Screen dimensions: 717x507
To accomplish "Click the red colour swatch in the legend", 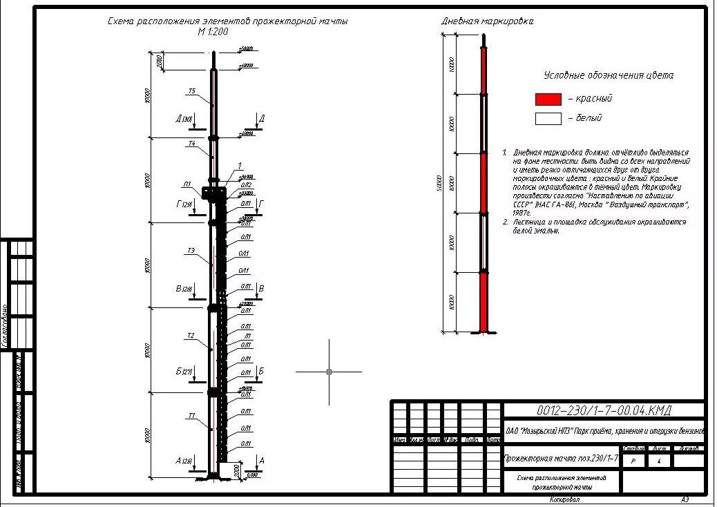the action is [548, 99].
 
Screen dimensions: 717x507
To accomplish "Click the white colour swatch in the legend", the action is [548, 118].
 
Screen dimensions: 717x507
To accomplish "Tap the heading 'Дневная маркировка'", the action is [487, 21].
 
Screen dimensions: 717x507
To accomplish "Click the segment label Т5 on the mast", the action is [191, 91].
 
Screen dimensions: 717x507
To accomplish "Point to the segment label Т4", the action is [191, 144].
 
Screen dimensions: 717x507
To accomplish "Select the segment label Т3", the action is [190, 250].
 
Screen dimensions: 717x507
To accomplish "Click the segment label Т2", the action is [190, 336].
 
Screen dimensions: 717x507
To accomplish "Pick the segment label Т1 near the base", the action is [191, 416].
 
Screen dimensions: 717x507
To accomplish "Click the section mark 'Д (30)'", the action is [184, 119].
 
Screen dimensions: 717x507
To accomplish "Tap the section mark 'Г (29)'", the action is [184, 204].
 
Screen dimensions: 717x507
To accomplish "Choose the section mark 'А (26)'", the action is [184, 461].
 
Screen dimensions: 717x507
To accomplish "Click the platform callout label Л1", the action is [187, 184].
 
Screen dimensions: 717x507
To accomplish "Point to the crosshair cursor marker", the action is [329, 372].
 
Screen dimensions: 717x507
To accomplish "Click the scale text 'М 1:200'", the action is [213, 32].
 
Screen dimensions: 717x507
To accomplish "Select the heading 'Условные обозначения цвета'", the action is [608, 75].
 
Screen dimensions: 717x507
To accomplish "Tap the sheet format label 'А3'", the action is [685, 499].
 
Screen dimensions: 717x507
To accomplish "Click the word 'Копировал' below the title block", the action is [565, 499].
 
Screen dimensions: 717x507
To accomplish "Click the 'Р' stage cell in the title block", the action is [633, 459].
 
